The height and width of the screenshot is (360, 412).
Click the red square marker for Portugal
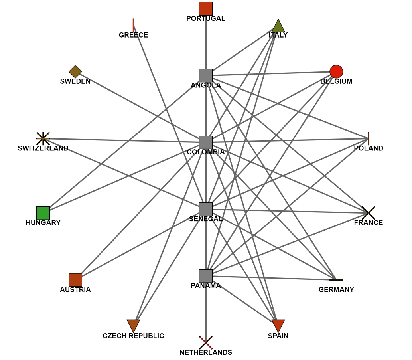point(206,9)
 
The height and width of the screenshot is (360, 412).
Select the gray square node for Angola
point(206,75)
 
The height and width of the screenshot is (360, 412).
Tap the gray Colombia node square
point(206,142)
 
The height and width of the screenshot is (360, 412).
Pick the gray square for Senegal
point(206,209)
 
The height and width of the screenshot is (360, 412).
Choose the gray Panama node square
point(206,276)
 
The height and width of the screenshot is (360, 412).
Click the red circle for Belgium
point(336,72)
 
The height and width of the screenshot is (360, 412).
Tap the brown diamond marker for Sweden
point(75,72)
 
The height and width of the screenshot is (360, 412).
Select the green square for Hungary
point(43,213)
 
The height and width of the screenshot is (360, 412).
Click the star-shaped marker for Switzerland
point(43,138)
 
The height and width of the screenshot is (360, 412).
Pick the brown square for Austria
point(75,280)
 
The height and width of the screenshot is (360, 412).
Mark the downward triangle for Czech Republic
point(133,325)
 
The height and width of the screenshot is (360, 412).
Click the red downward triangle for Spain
point(278,325)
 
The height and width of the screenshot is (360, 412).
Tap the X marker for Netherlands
point(206,343)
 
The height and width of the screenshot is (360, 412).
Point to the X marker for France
point(369,213)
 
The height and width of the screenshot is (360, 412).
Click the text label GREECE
point(133,35)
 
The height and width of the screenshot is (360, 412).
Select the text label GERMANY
point(336,290)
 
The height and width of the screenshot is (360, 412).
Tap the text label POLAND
point(369,148)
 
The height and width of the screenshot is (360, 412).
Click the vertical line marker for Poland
point(369,138)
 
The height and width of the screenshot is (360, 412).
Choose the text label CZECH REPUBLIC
point(133,336)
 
